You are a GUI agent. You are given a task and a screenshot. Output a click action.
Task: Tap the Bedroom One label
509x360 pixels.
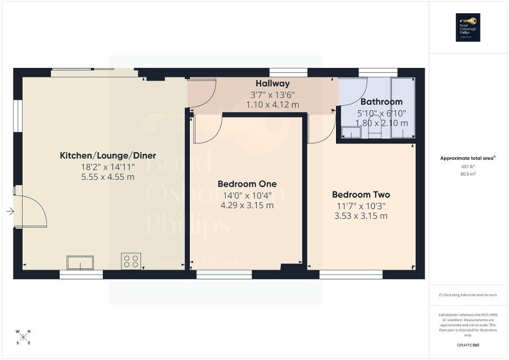pyautogui.click(x=247, y=184)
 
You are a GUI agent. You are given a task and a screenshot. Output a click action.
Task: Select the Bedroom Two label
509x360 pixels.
pyautogui.click(x=361, y=194)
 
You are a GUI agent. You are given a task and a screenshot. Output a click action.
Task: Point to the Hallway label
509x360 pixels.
pyautogui.click(x=272, y=83)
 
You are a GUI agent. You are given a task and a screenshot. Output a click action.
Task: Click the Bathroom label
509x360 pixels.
pyautogui.click(x=381, y=102)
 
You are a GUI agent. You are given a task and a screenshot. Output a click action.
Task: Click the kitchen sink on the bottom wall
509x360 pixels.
pyautogui.click(x=80, y=262)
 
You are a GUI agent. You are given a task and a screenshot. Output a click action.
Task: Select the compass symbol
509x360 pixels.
pyautogui.click(x=23, y=337)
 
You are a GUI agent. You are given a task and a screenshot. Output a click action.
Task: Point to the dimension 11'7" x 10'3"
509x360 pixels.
pyautogui.click(x=361, y=206)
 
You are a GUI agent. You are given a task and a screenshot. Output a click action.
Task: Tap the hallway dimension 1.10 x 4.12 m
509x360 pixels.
pyautogui.click(x=272, y=105)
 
